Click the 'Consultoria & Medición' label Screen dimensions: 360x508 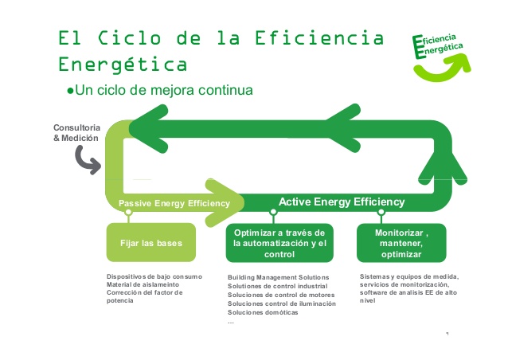(x=76, y=133)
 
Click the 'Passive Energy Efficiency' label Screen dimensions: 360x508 (x=174, y=204)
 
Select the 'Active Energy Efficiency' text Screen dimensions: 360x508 (x=342, y=202)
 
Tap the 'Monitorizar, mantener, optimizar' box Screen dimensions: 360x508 (x=401, y=243)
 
